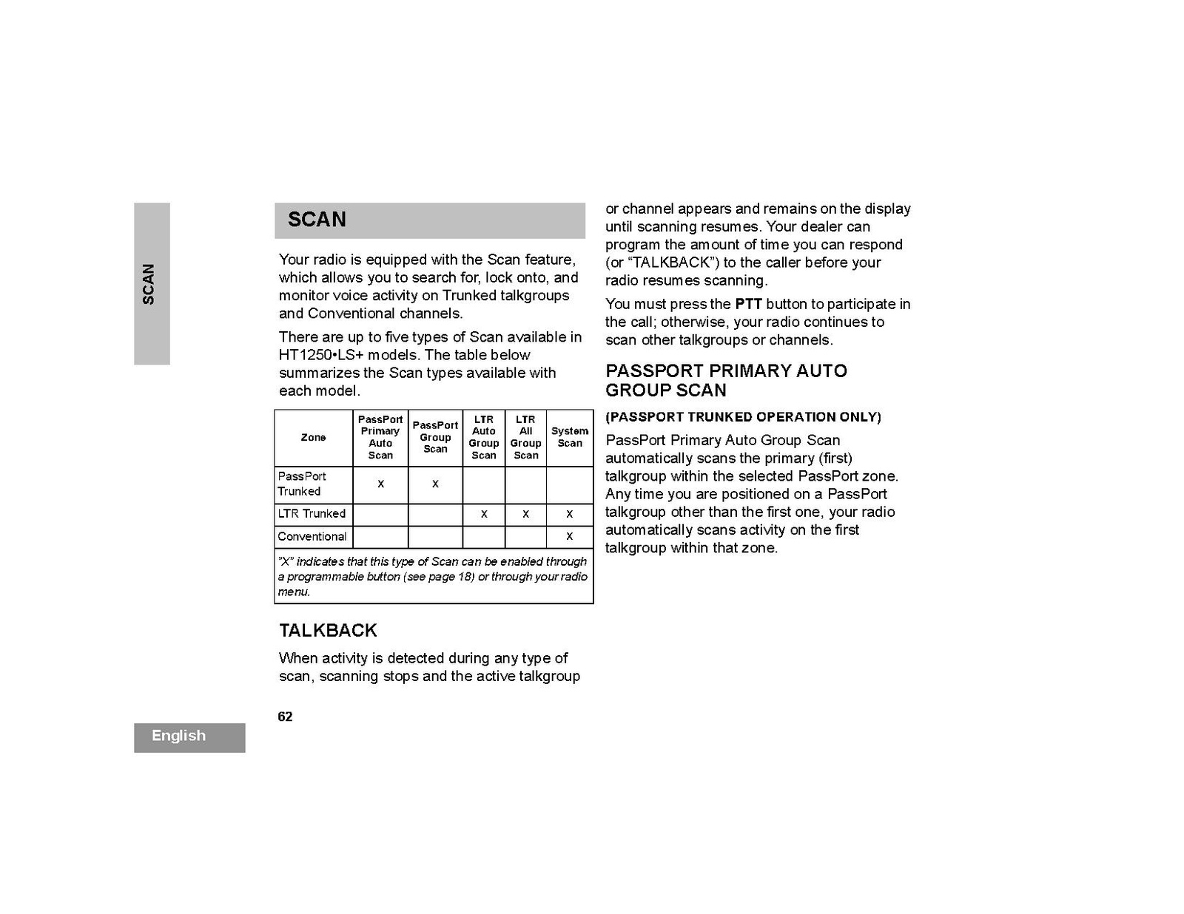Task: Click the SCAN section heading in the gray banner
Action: (317, 220)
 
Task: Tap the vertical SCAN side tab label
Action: (149, 284)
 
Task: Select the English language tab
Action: (179, 736)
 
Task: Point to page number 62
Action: (285, 717)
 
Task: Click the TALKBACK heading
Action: (328, 631)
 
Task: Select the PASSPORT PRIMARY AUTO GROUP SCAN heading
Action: (726, 380)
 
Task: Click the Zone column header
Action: (313, 438)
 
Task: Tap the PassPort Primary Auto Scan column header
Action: (380, 437)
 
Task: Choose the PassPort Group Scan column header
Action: (435, 437)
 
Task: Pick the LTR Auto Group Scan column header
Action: (484, 437)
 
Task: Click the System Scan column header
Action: (570, 437)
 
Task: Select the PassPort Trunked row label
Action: (302, 484)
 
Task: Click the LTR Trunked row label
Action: (312, 514)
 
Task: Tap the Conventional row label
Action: (312, 537)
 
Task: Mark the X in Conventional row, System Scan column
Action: (569, 536)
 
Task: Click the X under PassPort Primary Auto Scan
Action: (380, 484)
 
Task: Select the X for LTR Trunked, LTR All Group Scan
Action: (525, 513)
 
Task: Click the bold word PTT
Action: (748, 304)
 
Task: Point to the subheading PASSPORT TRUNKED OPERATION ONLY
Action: (743, 417)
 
